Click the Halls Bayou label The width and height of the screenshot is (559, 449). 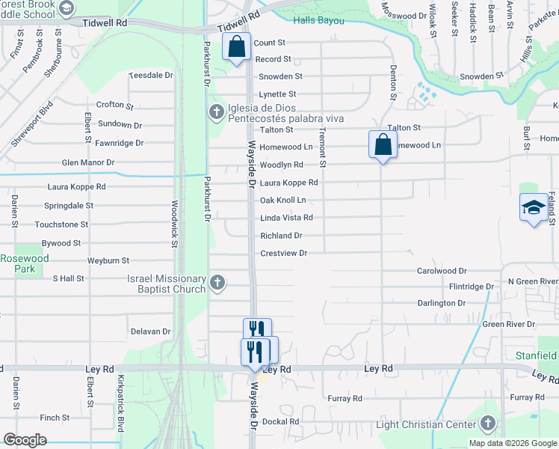click(319, 20)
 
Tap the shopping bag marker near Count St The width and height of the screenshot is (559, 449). click(237, 47)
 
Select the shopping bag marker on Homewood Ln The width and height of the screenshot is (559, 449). click(383, 144)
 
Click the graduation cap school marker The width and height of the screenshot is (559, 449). click(534, 207)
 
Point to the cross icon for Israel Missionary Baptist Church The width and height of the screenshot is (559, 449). click(217, 282)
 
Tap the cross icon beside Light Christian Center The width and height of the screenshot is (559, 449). click(489, 424)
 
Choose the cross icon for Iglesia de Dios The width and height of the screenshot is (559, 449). click(217, 112)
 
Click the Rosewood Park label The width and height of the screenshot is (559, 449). click(24, 263)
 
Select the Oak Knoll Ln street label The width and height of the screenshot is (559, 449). click(283, 201)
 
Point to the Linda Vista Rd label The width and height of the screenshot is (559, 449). click(286, 218)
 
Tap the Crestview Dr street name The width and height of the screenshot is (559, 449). click(284, 254)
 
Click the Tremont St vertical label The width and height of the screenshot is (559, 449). click(323, 146)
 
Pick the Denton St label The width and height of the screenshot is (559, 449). click(393, 82)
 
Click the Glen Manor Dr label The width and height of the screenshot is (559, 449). click(88, 162)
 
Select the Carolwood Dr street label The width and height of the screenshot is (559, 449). click(442, 271)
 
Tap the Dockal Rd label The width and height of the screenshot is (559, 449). click(280, 421)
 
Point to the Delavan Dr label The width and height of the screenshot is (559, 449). click(151, 332)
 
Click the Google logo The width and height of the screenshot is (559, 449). click(25, 440)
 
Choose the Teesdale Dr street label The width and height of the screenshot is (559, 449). click(151, 76)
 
